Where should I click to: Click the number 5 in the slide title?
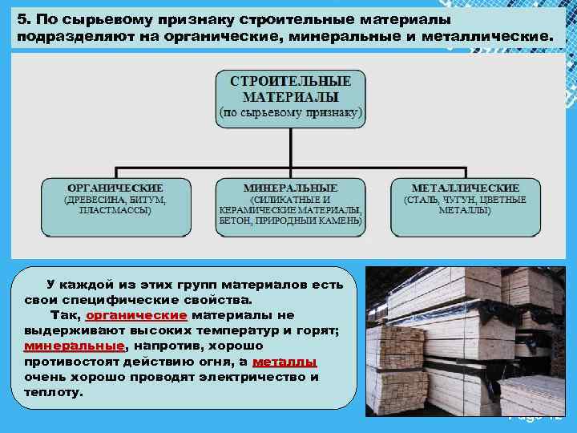coord(20,18)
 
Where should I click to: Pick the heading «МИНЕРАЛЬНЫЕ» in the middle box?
coord(289,188)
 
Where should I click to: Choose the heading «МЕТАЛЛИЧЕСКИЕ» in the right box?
coord(465,188)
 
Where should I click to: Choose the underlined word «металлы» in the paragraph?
coord(284,361)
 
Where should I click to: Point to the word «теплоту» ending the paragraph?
coord(53,392)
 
